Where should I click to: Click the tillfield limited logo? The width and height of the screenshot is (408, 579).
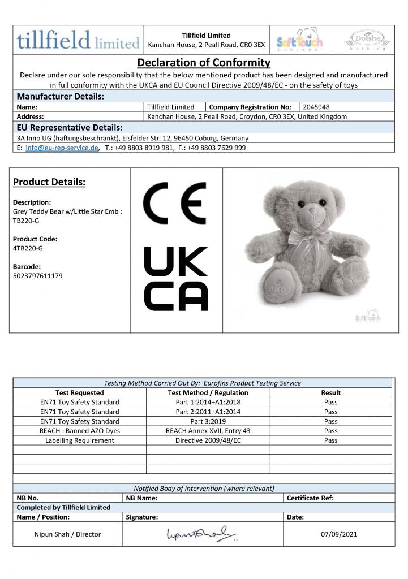(x=78, y=40)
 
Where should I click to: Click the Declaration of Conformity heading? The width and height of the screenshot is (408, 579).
(x=204, y=62)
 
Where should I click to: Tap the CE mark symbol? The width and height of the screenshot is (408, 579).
(x=175, y=204)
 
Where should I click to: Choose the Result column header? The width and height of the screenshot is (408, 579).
(x=330, y=392)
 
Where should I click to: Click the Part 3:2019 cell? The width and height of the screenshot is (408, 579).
(x=208, y=421)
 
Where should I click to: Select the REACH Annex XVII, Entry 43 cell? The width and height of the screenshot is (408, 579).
(x=208, y=431)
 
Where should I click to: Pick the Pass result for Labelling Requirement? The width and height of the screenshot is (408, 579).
(x=330, y=440)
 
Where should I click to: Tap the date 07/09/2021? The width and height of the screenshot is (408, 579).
(x=338, y=534)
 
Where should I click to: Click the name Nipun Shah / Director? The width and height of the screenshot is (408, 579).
(x=67, y=534)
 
